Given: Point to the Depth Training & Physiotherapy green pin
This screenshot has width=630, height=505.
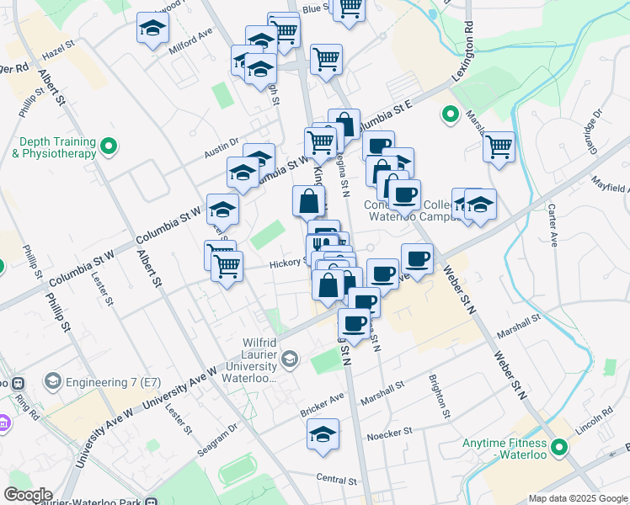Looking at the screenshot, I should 108,147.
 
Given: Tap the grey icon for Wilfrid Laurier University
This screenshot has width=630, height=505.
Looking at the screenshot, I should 290,360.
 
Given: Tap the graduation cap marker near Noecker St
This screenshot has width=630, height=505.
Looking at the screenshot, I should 323,434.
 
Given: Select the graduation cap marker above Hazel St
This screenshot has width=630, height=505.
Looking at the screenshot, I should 153,28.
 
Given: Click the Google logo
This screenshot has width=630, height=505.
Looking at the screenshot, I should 28,495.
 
